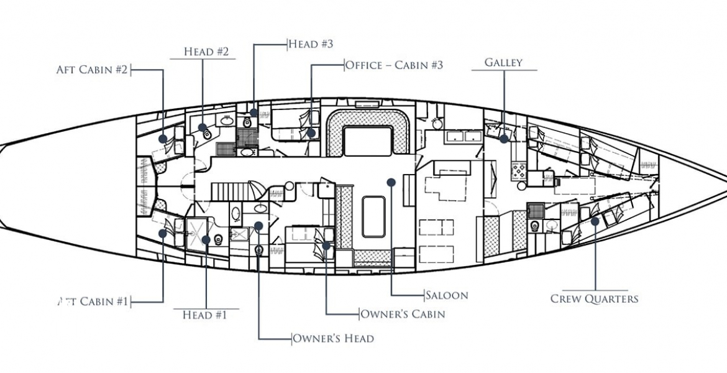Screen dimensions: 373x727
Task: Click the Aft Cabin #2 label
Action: click(92, 69)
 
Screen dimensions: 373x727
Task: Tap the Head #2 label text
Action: click(206, 52)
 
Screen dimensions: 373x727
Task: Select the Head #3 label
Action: click(311, 44)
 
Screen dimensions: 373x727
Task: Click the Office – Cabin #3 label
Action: click(394, 65)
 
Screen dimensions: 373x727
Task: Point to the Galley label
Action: click(503, 63)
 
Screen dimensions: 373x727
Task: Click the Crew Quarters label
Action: click(594, 299)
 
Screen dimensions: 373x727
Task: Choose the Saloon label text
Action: click(447, 295)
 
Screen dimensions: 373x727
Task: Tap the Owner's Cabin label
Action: click(403, 314)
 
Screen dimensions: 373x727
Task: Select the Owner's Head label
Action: click(333, 339)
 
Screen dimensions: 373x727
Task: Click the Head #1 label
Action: click(205, 315)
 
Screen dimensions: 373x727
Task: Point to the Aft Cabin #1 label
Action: click(93, 302)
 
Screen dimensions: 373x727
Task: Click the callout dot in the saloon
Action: click(391, 182)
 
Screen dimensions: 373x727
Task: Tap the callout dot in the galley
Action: click(503, 139)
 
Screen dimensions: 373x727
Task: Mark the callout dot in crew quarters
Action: click(595, 221)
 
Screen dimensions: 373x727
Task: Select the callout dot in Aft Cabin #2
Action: click(163, 139)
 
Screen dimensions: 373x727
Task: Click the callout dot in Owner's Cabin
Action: click(326, 246)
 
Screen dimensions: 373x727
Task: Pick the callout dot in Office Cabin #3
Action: click(311, 132)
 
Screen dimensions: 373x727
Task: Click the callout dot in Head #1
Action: click(206, 240)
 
